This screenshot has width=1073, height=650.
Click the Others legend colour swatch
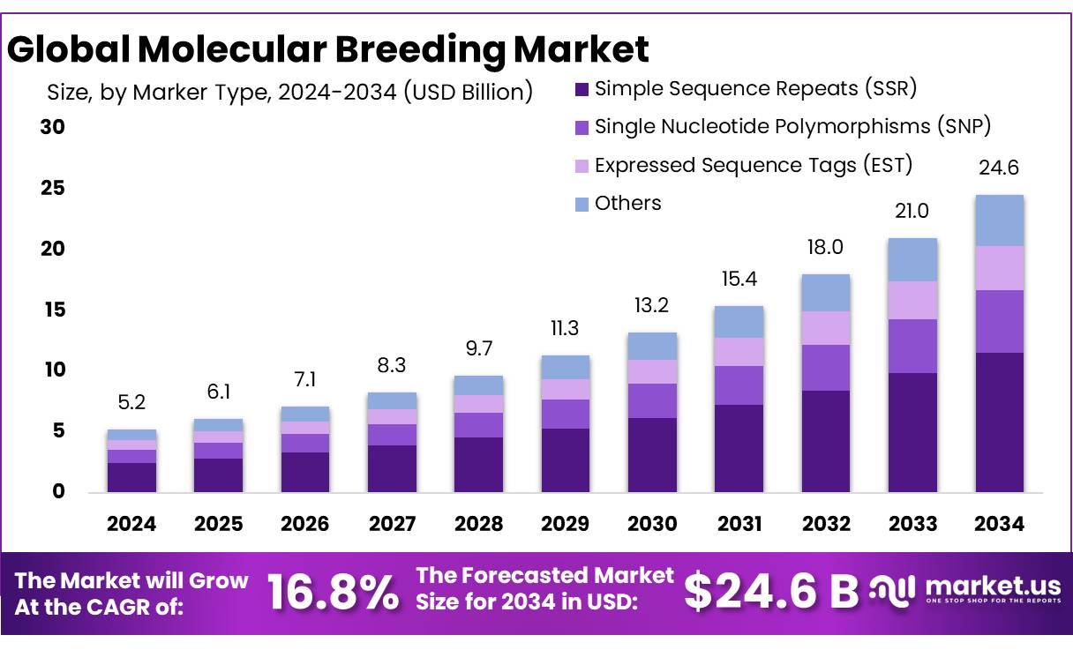coord(581,205)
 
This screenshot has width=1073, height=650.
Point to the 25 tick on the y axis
coord(52,188)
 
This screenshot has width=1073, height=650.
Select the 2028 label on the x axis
coord(478,524)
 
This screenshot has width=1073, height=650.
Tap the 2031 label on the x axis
coord(739,524)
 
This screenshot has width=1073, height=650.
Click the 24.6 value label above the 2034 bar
coord(999,168)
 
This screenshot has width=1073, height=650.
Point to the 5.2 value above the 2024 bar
coord(131,403)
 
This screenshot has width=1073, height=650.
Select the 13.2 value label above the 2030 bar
coord(651,305)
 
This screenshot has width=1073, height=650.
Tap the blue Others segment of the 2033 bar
coord(912,259)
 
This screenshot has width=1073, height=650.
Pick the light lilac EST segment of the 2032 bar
coord(826,327)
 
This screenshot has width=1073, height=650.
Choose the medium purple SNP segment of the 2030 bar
coord(651,400)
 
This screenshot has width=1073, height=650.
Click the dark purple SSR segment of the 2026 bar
coord(304,472)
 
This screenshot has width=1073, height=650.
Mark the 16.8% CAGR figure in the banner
coord(332,592)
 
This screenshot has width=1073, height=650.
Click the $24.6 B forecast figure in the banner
coord(770,592)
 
